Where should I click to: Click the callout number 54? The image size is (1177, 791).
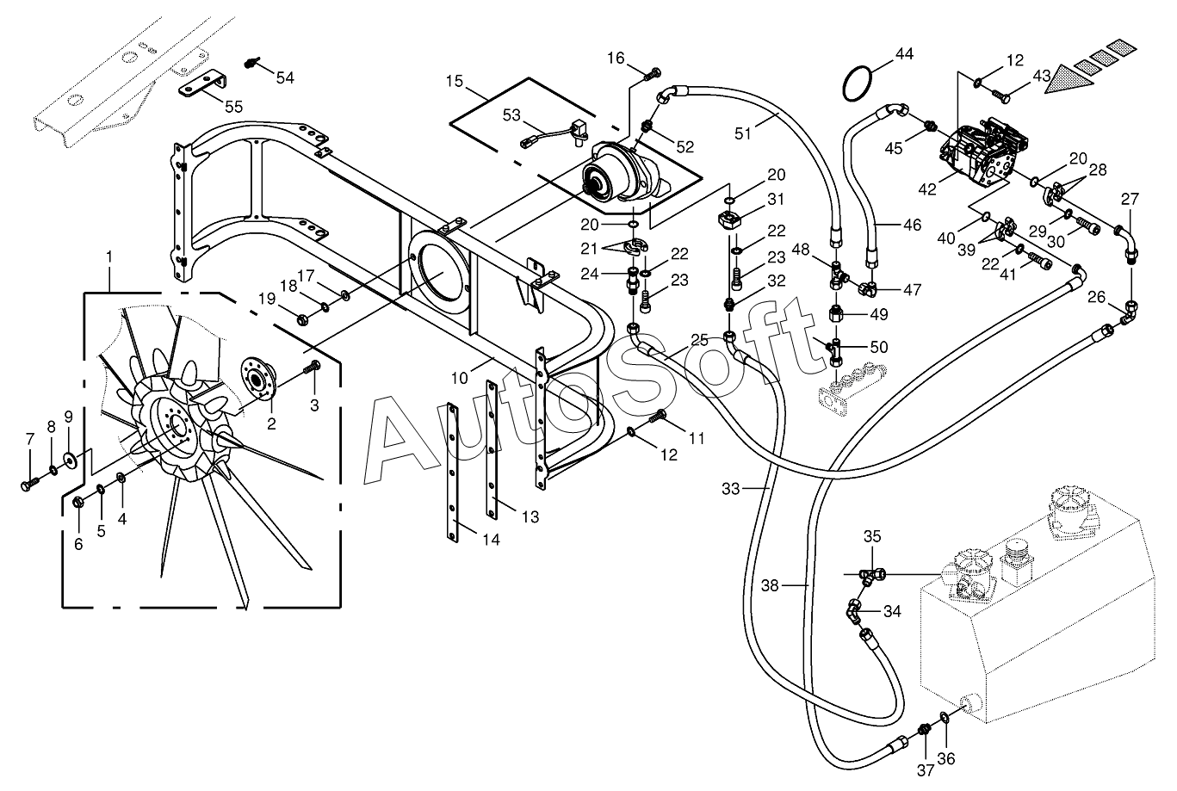(285, 77)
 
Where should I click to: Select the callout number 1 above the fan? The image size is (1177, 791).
(109, 256)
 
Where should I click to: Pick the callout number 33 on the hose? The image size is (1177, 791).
(731, 489)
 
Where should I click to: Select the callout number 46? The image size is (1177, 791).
(912, 226)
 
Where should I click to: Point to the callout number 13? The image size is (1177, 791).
(530, 516)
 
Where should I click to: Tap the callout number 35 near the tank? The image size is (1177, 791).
(872, 536)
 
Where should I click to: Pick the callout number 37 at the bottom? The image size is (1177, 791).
(926, 769)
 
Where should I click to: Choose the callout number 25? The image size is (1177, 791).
(698, 339)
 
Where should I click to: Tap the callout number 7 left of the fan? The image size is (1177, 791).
(30, 440)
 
